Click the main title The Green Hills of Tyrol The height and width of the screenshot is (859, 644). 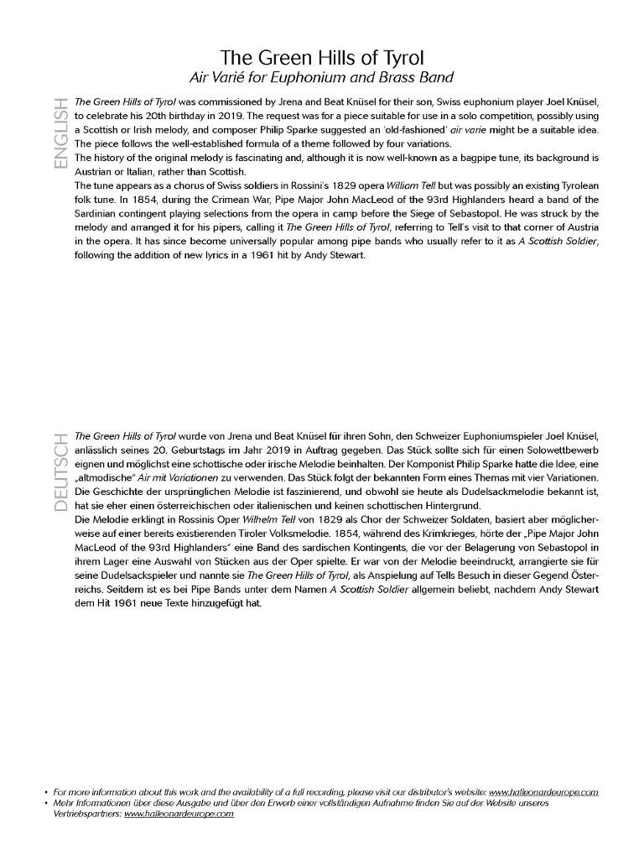pyautogui.click(x=322, y=58)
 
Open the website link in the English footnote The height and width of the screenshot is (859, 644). pyautogui.click(x=543, y=792)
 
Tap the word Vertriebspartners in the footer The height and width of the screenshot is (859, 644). pyautogui.click(x=86, y=815)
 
